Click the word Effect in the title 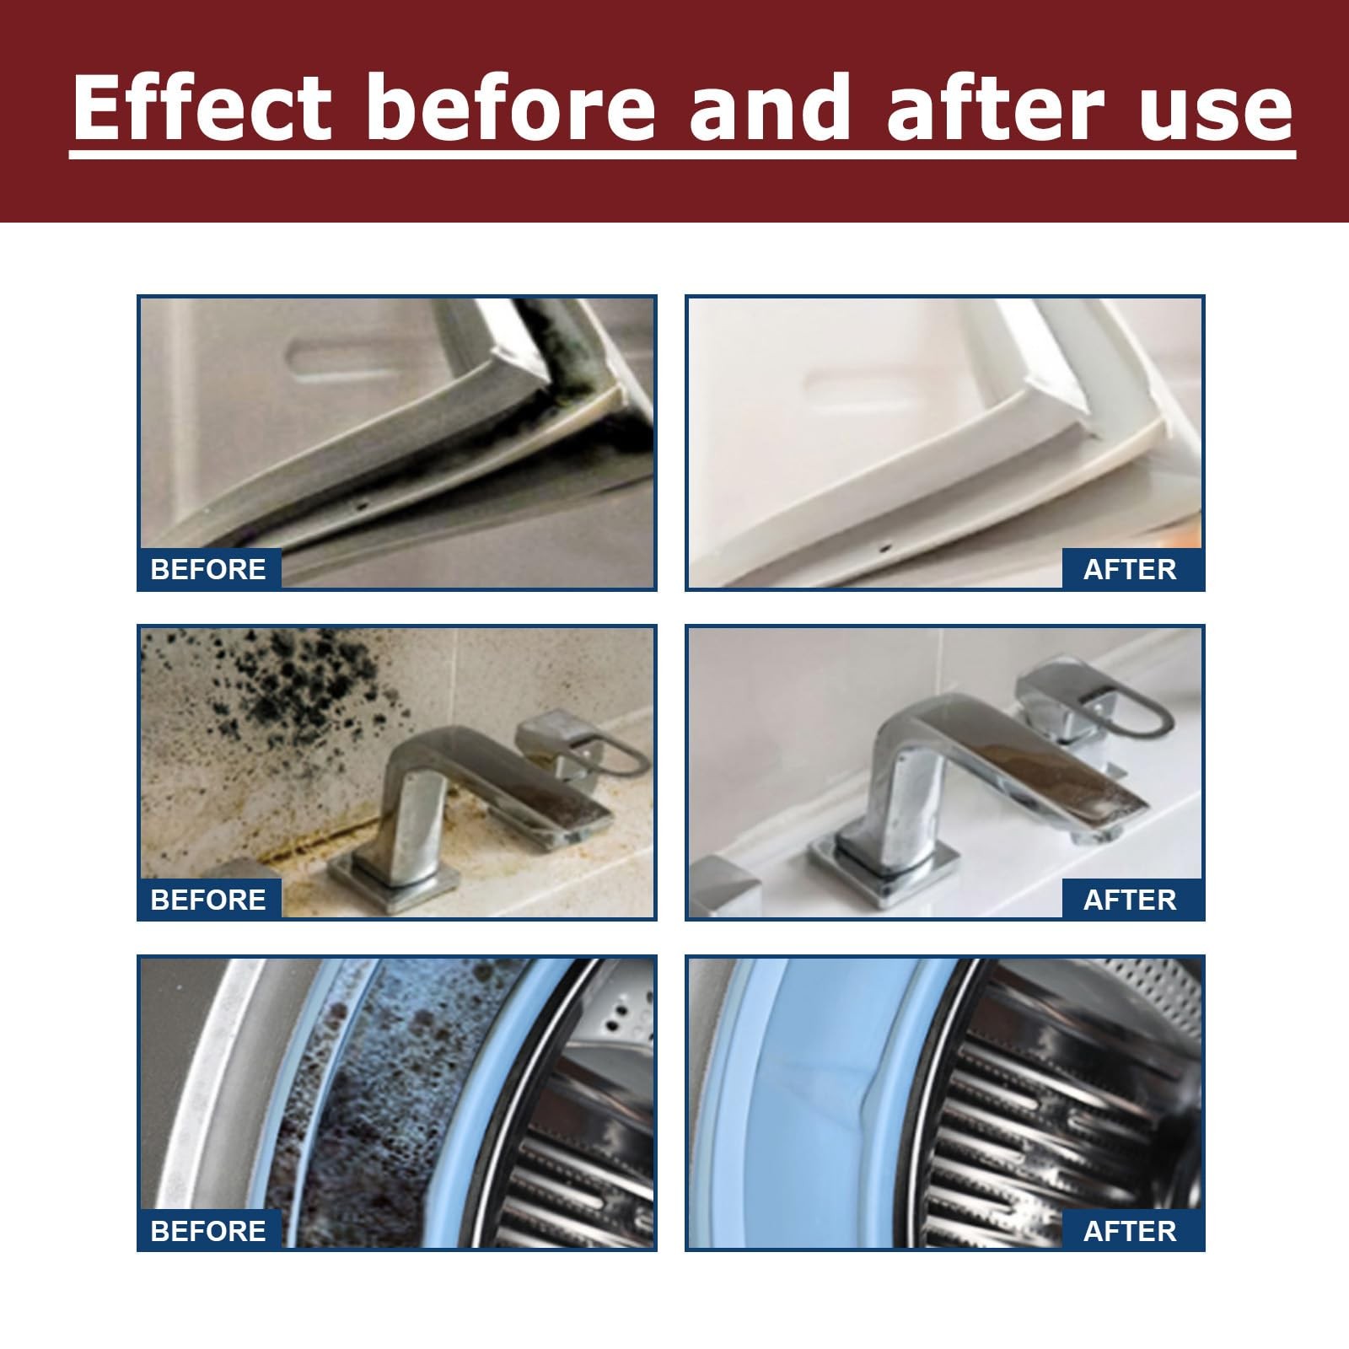coord(203,107)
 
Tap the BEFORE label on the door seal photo coord(208,569)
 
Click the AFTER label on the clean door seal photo coord(1130,569)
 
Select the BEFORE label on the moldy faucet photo coord(208,900)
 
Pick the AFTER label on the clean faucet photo coord(1130,900)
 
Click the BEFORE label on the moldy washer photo coord(208,1231)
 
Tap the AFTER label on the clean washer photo coord(1130,1231)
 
